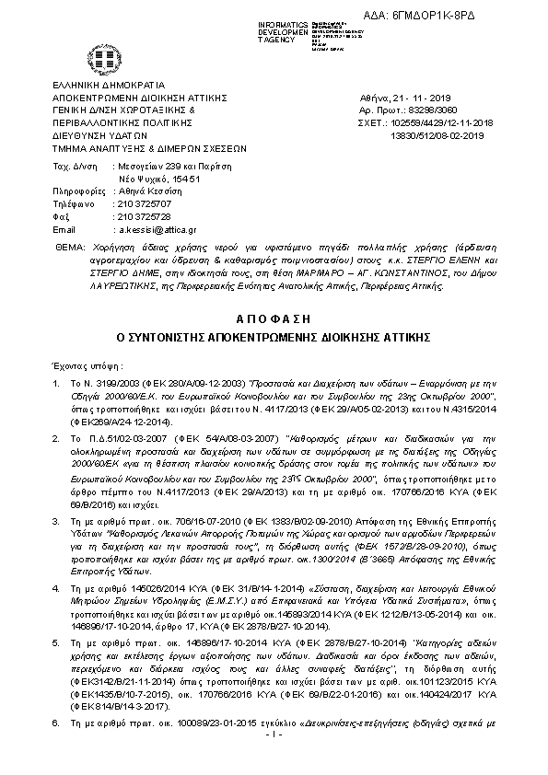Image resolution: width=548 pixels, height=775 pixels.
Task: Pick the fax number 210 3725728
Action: tap(141, 215)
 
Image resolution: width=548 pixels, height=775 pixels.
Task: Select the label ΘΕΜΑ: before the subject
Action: tap(68, 249)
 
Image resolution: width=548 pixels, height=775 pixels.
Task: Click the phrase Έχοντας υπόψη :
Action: tap(86, 365)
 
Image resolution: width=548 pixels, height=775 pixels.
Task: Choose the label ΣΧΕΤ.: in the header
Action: tap(373, 121)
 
